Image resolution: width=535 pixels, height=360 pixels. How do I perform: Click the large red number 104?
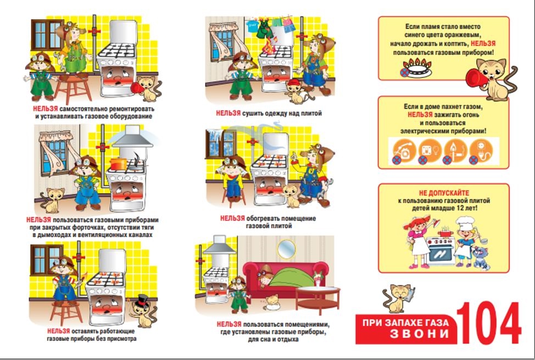coord(489,323)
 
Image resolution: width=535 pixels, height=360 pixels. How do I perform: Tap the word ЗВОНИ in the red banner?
coord(419,333)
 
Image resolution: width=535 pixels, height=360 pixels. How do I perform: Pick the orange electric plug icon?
coord(481,150)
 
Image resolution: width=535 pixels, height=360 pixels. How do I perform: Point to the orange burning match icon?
coord(455,150)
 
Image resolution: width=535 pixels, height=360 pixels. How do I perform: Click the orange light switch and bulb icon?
coord(430,150)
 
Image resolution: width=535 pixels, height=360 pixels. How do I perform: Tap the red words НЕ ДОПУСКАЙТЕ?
coord(444,193)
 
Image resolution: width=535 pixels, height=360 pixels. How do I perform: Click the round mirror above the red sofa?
coord(286,249)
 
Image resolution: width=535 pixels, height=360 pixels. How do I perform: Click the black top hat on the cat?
coord(142,301)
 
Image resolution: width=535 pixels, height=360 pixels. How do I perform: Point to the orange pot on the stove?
coord(119,164)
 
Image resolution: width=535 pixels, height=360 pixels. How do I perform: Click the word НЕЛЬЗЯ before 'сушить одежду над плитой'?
coord(229,113)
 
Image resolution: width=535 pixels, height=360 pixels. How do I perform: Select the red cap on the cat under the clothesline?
coord(293,83)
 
